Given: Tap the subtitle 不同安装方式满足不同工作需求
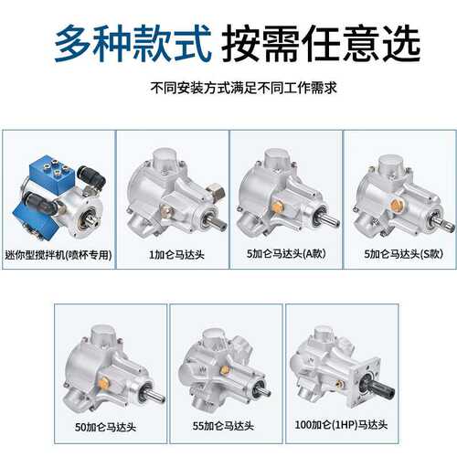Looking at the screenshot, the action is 244,88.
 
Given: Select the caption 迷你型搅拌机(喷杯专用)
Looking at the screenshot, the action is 58,255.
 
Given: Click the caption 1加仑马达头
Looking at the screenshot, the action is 176,254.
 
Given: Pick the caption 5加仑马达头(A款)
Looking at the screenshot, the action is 286,253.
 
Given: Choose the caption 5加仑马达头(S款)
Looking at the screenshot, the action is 404,254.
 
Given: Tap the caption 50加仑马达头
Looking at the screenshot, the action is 105,427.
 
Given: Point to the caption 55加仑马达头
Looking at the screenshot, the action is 223,426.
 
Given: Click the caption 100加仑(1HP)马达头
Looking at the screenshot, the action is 341,424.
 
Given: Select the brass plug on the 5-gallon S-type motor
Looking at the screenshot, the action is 396,204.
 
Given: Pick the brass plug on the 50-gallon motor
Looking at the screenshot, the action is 104,381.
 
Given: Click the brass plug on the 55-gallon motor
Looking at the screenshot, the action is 225,369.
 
